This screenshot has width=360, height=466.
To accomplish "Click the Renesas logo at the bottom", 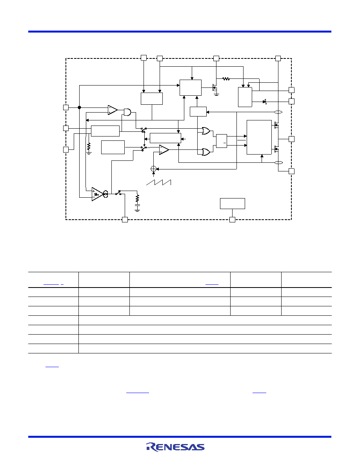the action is pyautogui.click(x=175, y=447).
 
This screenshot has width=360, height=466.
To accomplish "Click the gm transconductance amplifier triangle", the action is pyautogui.click(x=97, y=194).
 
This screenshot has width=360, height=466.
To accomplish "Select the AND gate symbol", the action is pyautogui.click(x=127, y=112).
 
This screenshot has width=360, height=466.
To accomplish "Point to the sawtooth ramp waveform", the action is pyautogui.click(x=158, y=182).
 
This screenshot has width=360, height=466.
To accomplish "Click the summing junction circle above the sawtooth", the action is pyautogui.click(x=154, y=169).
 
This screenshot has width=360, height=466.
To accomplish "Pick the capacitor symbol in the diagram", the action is pyautogui.click(x=137, y=205).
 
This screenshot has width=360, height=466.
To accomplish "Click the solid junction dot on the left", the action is pyautogui.click(x=79, y=107).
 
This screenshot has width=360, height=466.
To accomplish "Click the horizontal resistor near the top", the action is pyautogui.click(x=226, y=79).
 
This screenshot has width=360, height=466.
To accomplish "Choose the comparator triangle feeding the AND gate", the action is pyautogui.click(x=113, y=110).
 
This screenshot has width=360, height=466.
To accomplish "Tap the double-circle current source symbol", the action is pyautogui.click(x=105, y=194).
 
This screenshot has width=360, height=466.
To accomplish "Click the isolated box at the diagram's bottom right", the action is pyautogui.click(x=233, y=204).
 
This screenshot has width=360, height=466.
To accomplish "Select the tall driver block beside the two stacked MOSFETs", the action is pyautogui.click(x=259, y=137).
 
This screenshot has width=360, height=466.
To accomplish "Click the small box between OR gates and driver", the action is pyautogui.click(x=222, y=141).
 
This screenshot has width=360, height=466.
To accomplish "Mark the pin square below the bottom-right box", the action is pyautogui.click(x=233, y=220).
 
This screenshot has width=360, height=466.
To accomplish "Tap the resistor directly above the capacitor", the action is pyautogui.click(x=137, y=198).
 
